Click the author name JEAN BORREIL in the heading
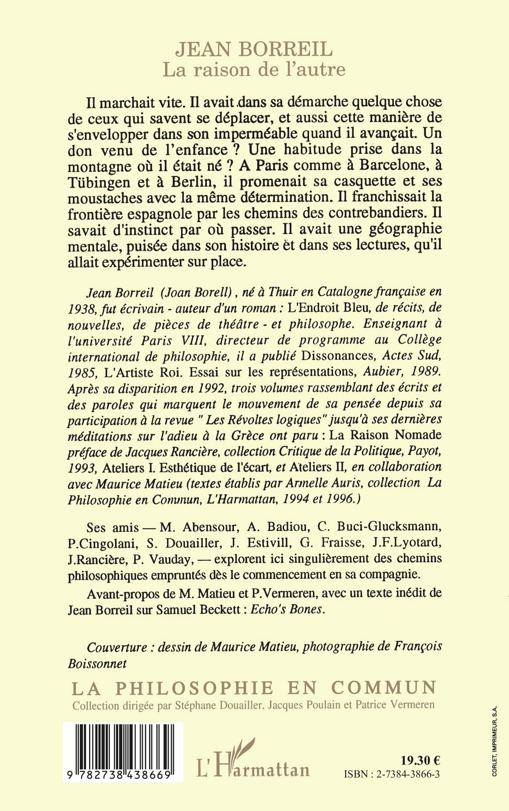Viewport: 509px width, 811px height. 254,50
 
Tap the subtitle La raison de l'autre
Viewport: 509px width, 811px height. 254,69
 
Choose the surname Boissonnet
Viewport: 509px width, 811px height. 97,663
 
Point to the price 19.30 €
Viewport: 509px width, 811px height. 420,760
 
